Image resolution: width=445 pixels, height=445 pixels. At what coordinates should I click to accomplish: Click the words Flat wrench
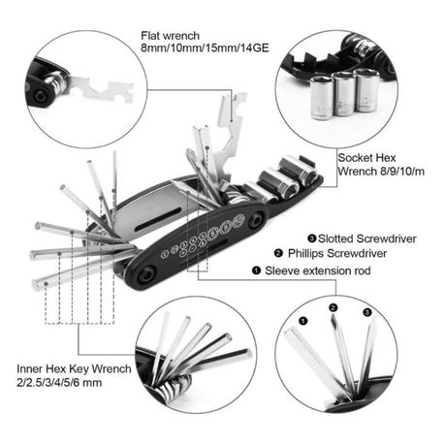[170, 36]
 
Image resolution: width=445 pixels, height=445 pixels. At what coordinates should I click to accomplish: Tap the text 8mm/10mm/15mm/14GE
[205, 48]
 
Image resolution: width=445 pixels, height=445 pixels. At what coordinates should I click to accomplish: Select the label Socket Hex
[366, 158]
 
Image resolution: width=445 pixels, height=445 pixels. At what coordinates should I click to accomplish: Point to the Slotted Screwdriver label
[367, 238]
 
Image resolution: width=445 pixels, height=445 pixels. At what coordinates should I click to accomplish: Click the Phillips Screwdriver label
[337, 253]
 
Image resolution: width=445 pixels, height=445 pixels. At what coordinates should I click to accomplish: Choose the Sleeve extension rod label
[318, 270]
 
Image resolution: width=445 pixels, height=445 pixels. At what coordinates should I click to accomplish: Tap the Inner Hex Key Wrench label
[74, 368]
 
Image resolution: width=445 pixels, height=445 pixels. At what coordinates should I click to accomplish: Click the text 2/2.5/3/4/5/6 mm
[59, 383]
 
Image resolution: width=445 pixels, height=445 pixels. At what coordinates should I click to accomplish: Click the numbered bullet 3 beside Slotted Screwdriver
[311, 238]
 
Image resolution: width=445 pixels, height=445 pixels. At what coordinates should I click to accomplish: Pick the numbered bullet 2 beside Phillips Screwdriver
[278, 253]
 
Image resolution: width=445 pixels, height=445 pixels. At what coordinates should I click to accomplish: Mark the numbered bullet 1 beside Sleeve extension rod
[256, 270]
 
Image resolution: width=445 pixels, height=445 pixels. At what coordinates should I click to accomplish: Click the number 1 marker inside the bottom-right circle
[303, 321]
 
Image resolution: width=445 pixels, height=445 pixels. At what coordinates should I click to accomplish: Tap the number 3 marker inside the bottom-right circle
[367, 312]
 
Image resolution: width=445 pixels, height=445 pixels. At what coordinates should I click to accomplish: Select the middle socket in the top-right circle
[344, 94]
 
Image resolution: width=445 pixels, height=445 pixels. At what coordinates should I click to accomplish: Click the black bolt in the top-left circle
[41, 95]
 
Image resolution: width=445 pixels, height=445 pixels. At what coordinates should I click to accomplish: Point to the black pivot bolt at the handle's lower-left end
[145, 274]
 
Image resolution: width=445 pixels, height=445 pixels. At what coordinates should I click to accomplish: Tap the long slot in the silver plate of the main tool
[158, 219]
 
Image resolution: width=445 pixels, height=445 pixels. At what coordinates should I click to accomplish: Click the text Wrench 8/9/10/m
[381, 171]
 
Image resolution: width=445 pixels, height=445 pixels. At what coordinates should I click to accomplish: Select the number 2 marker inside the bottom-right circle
[334, 307]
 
